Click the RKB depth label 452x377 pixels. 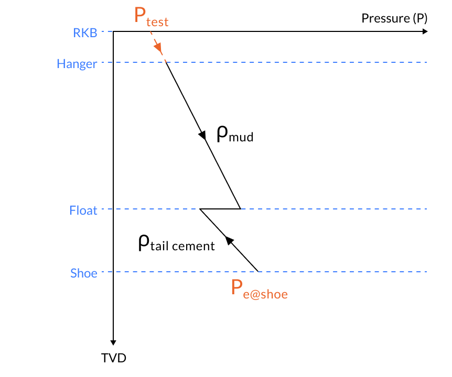click(x=85, y=32)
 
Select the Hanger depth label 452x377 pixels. click(x=77, y=64)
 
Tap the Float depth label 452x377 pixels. click(x=83, y=210)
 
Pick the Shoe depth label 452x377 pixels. click(x=84, y=273)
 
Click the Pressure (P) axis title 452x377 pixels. click(x=394, y=18)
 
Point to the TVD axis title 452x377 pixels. click(x=114, y=358)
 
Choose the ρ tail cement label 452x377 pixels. click(x=176, y=243)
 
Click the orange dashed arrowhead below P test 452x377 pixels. click(x=158, y=49)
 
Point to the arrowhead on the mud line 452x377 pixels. click(x=202, y=136)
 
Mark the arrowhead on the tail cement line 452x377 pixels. click(x=229, y=240)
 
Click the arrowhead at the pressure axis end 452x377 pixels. click(x=425, y=31)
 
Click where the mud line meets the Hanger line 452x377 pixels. click(x=166, y=62)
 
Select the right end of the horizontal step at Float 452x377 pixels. click(x=241, y=209)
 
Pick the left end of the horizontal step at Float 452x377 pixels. click(x=200, y=209)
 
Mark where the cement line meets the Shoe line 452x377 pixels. click(x=259, y=272)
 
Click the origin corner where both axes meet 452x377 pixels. click(x=114, y=31)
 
